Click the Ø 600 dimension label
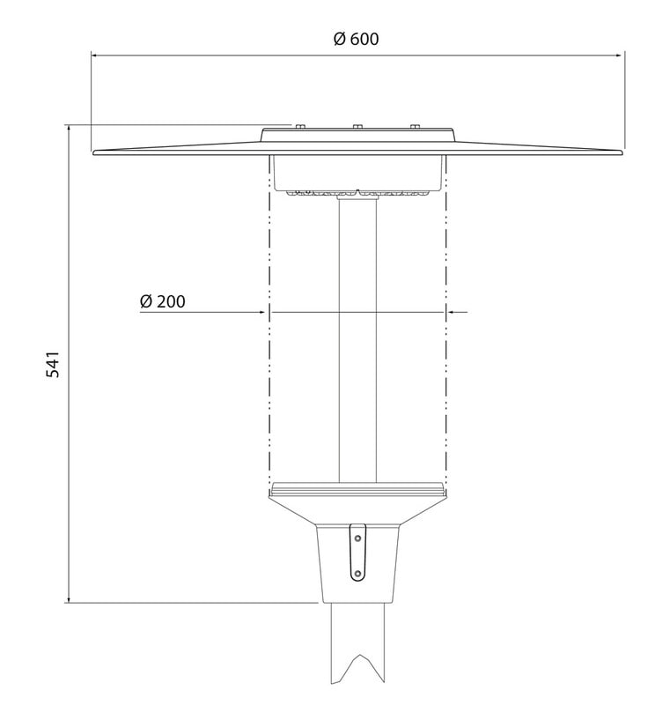click(356, 39)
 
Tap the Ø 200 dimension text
click(163, 301)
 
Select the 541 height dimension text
click(53, 365)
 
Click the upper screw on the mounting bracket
click(358, 538)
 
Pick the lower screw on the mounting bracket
click(357, 574)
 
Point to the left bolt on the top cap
click(300, 126)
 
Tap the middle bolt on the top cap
click(357, 126)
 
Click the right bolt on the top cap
click(415, 126)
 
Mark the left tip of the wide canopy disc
click(93, 152)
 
